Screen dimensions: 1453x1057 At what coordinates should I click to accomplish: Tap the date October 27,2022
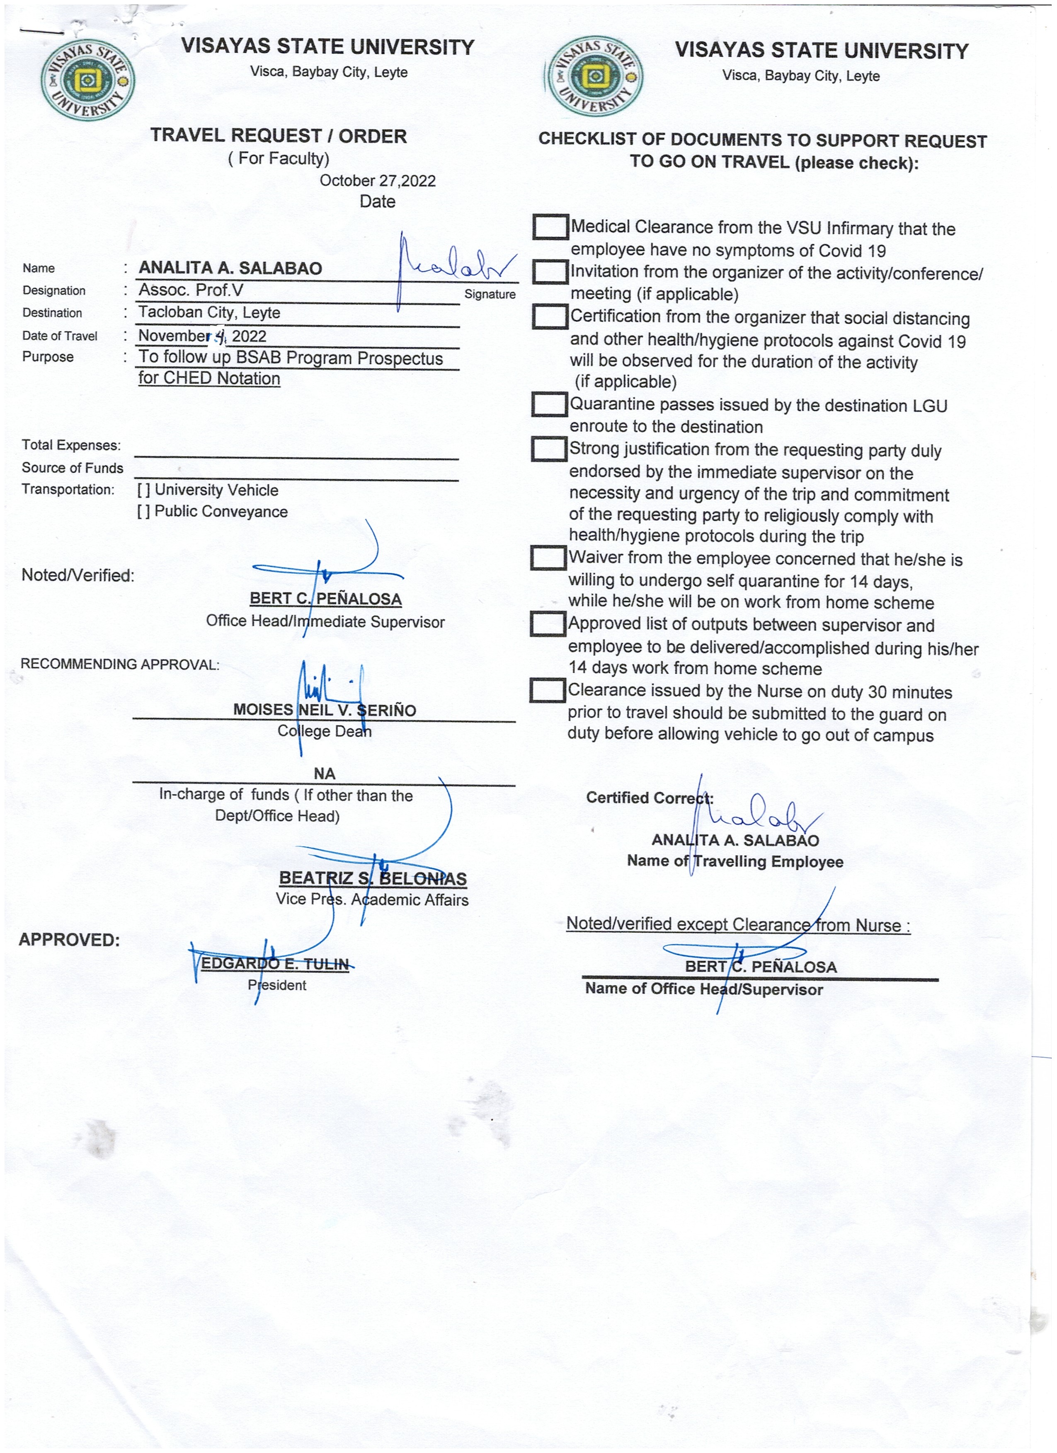(x=378, y=181)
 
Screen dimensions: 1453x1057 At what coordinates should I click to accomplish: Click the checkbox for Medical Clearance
(x=550, y=227)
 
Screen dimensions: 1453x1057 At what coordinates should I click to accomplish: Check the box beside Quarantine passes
(x=549, y=404)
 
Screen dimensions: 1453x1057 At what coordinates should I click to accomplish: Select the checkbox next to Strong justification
(x=549, y=449)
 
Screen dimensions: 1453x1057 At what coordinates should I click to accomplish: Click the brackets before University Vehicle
(x=143, y=490)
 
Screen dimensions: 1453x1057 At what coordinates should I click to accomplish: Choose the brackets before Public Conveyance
(x=143, y=511)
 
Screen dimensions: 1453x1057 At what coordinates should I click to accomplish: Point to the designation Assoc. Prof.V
(x=191, y=290)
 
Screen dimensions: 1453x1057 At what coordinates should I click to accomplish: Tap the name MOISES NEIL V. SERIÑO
(x=324, y=710)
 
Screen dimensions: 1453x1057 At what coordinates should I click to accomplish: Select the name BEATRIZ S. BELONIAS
(x=372, y=878)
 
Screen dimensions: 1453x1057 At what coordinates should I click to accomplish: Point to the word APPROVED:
(x=69, y=940)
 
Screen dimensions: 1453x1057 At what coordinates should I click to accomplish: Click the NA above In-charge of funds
(x=324, y=774)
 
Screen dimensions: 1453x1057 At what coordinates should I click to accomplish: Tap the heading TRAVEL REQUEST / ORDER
(x=278, y=136)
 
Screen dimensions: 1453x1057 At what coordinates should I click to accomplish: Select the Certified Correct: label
(x=649, y=798)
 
